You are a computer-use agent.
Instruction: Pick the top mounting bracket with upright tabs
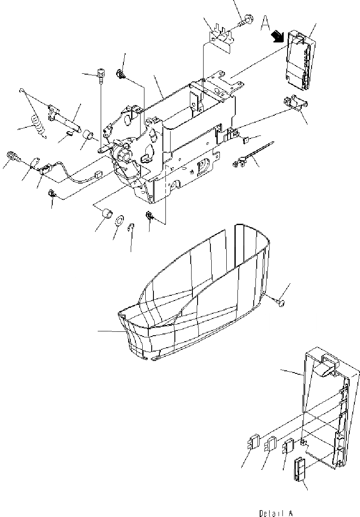point(221,34)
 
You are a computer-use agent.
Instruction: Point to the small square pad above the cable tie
point(246,139)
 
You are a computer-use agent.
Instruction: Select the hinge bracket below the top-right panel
point(296,103)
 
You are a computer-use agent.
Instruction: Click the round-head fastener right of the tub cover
point(280,303)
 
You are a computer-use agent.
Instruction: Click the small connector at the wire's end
point(97,174)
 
